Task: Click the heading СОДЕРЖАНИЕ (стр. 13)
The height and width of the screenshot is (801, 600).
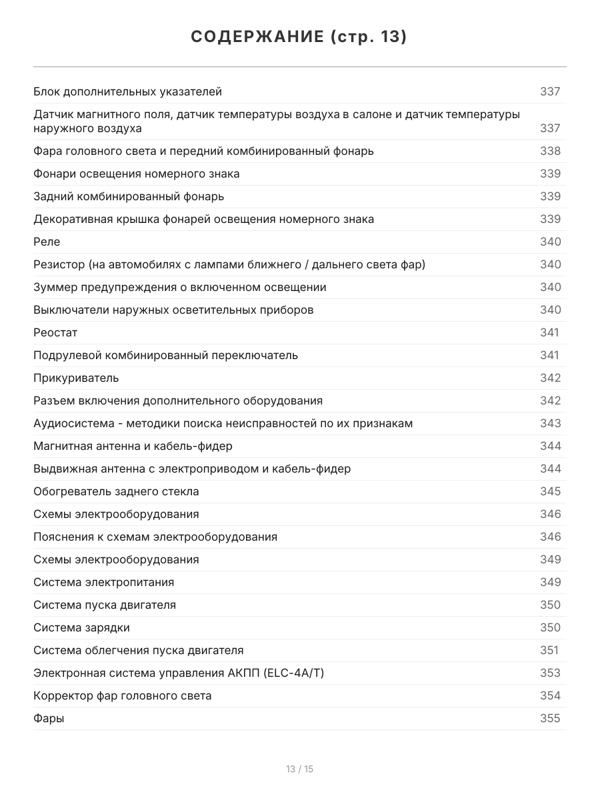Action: [x=299, y=37]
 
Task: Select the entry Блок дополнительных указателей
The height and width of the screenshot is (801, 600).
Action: [x=127, y=91]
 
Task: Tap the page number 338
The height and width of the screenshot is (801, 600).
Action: [x=550, y=151]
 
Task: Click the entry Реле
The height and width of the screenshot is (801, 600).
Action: [x=47, y=242]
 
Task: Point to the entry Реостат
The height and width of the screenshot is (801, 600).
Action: [x=55, y=332]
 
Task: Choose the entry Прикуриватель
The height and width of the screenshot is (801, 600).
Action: [x=76, y=378]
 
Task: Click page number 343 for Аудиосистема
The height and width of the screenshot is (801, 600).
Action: [x=550, y=423]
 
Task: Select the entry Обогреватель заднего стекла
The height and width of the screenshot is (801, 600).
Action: [x=116, y=491]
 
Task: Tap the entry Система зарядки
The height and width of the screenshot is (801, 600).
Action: [x=81, y=627]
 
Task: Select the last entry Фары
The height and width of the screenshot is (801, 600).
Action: [x=49, y=718]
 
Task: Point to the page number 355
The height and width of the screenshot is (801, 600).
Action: [x=550, y=718]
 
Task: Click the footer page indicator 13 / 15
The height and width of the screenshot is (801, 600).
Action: [x=299, y=769]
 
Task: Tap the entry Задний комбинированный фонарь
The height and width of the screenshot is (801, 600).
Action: [x=129, y=196]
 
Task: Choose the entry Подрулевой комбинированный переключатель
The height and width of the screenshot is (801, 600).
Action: [x=165, y=355]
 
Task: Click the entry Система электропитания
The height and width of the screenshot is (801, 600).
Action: [x=103, y=582]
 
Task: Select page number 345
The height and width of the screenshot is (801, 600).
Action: [x=550, y=491]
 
